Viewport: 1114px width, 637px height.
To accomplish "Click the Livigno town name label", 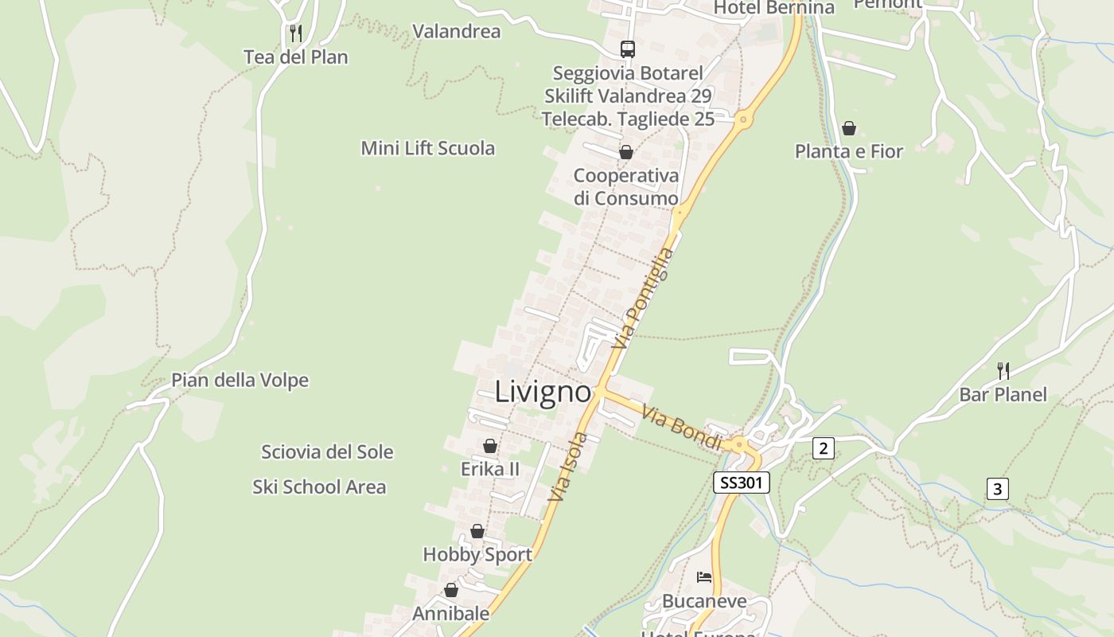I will [543, 392].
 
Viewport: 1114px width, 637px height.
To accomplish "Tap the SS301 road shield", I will [742, 483].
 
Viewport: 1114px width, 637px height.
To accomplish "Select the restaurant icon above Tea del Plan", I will [295, 33].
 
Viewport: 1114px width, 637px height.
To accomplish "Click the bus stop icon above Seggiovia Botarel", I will [628, 49].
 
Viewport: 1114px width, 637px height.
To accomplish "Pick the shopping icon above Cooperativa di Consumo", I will [626, 152].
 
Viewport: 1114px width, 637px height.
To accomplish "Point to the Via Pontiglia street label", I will [644, 299].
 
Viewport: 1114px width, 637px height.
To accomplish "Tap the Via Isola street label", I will [568, 467].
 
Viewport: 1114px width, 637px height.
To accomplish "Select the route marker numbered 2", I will [824, 448].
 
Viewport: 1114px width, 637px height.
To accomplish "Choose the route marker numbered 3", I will [998, 489].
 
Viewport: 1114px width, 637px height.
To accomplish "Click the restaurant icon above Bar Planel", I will [1003, 370].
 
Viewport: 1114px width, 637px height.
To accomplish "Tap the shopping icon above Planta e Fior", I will [849, 128].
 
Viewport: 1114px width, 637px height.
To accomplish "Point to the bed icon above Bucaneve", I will [703, 577].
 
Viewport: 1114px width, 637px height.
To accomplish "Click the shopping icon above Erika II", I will [490, 447].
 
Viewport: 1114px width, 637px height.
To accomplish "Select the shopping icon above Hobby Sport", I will [477, 531].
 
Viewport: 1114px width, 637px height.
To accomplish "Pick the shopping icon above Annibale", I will [451, 591].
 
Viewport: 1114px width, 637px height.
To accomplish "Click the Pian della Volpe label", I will [240, 381].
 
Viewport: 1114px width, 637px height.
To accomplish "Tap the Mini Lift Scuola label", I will [428, 148].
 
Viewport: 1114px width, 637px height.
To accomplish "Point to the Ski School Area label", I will [319, 487].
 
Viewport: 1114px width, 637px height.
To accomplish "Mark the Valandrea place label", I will [457, 32].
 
